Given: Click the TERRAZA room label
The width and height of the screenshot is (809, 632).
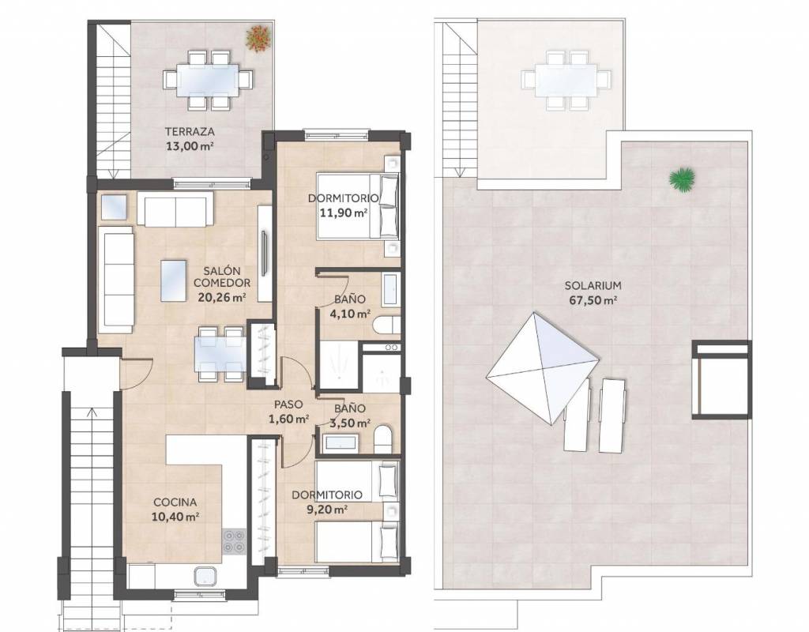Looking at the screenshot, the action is (x=190, y=132).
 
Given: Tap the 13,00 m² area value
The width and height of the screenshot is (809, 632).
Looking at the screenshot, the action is (x=190, y=146).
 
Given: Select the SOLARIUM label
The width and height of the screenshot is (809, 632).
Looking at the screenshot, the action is (x=593, y=285).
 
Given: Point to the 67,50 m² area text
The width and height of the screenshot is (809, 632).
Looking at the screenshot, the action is (x=593, y=300).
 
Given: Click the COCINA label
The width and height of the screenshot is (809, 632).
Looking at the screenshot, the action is (x=175, y=502).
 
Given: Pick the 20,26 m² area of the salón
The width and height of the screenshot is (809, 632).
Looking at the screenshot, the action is (x=222, y=298).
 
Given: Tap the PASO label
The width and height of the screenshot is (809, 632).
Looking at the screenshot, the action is (x=288, y=405).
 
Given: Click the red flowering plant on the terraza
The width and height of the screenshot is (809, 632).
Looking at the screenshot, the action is (x=258, y=38).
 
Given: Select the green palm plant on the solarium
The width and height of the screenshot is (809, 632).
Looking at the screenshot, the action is (x=683, y=180).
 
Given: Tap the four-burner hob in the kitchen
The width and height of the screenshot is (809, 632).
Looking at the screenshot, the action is (x=234, y=541).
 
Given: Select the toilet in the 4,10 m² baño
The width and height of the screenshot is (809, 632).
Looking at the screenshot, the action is (x=386, y=325).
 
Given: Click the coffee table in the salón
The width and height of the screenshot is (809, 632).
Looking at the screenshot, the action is (x=173, y=280).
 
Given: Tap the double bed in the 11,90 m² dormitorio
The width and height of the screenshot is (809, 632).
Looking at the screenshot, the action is (x=359, y=206).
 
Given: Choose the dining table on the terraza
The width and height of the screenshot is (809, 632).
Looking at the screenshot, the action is (x=208, y=80).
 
